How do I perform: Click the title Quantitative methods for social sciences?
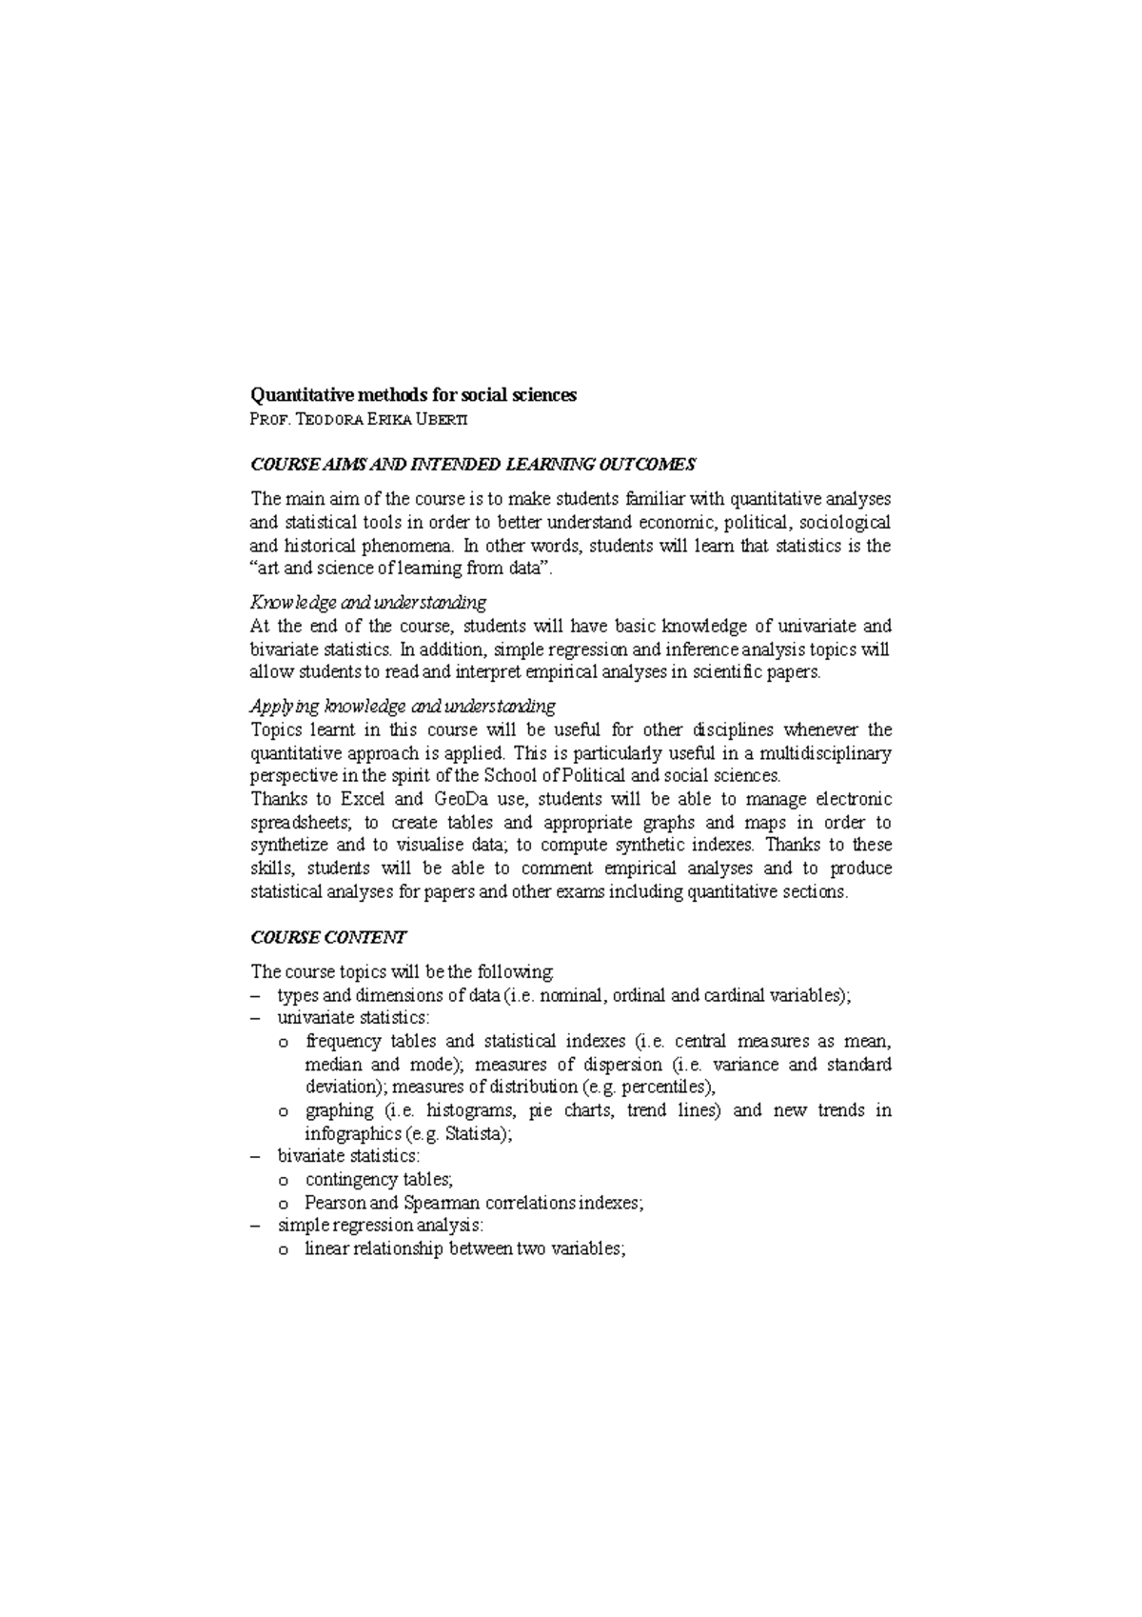tap(413, 395)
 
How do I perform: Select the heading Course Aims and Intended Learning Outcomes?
tap(473, 465)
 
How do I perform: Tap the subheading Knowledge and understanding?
tap(368, 603)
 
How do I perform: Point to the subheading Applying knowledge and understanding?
tap(403, 707)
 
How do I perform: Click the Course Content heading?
tap(328, 937)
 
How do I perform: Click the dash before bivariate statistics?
tap(255, 1157)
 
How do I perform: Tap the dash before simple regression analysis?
tap(255, 1226)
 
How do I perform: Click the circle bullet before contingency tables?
tap(283, 1181)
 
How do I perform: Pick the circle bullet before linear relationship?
tap(283, 1250)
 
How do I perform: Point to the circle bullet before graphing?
tap(283, 1111)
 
